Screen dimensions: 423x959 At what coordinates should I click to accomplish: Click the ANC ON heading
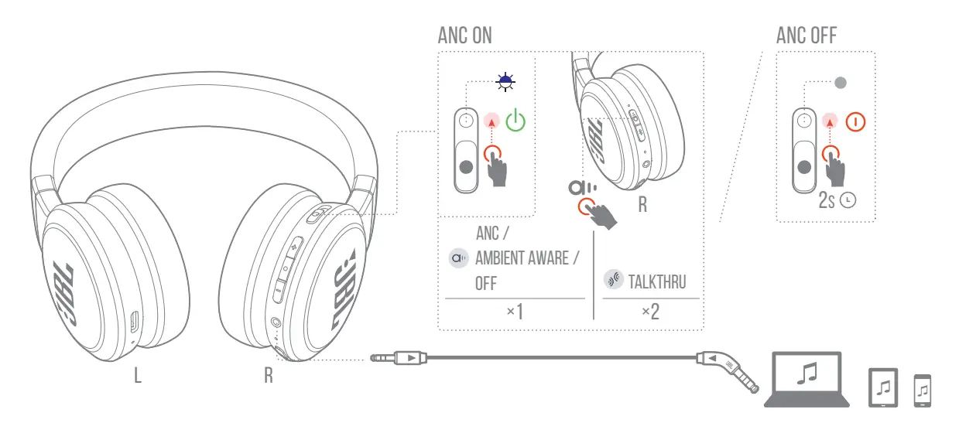pos(464,36)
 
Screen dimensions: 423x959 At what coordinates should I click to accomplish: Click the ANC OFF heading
pos(806,36)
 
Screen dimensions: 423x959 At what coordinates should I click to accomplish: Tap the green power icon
pos(515,121)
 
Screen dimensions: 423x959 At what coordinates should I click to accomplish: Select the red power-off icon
pos(855,121)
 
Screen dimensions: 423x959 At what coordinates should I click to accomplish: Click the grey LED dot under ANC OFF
pos(842,81)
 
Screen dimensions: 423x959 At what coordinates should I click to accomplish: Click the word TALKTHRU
pos(658,281)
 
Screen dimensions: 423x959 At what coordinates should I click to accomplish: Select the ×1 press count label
pos(515,312)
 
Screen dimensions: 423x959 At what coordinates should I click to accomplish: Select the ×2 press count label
pos(650,312)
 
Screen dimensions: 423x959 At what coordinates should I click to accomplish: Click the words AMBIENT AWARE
pos(526,258)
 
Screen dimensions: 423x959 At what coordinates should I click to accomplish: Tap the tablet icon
pos(884,387)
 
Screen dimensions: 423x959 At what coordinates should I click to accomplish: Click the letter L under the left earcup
pos(137,377)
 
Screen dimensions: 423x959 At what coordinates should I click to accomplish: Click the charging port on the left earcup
pos(134,320)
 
